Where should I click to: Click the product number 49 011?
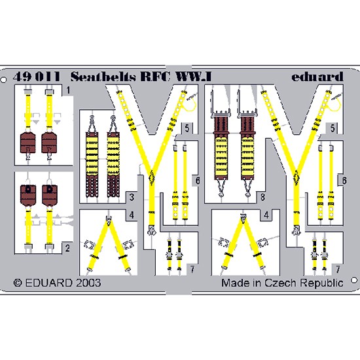click(37, 77)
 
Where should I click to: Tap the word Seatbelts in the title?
click(103, 77)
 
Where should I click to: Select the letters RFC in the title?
click(155, 77)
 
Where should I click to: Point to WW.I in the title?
click(193, 77)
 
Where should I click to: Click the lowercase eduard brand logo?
click(317, 77)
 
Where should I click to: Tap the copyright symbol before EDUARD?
click(18, 283)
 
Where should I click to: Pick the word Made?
click(236, 283)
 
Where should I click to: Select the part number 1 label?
click(68, 90)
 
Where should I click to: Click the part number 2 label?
click(67, 248)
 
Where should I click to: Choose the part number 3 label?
click(132, 197)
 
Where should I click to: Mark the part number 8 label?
click(262, 197)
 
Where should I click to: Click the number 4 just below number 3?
click(132, 215)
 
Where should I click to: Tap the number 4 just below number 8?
click(266, 215)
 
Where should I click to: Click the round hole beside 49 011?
click(3, 80)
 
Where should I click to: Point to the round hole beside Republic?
click(355, 280)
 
